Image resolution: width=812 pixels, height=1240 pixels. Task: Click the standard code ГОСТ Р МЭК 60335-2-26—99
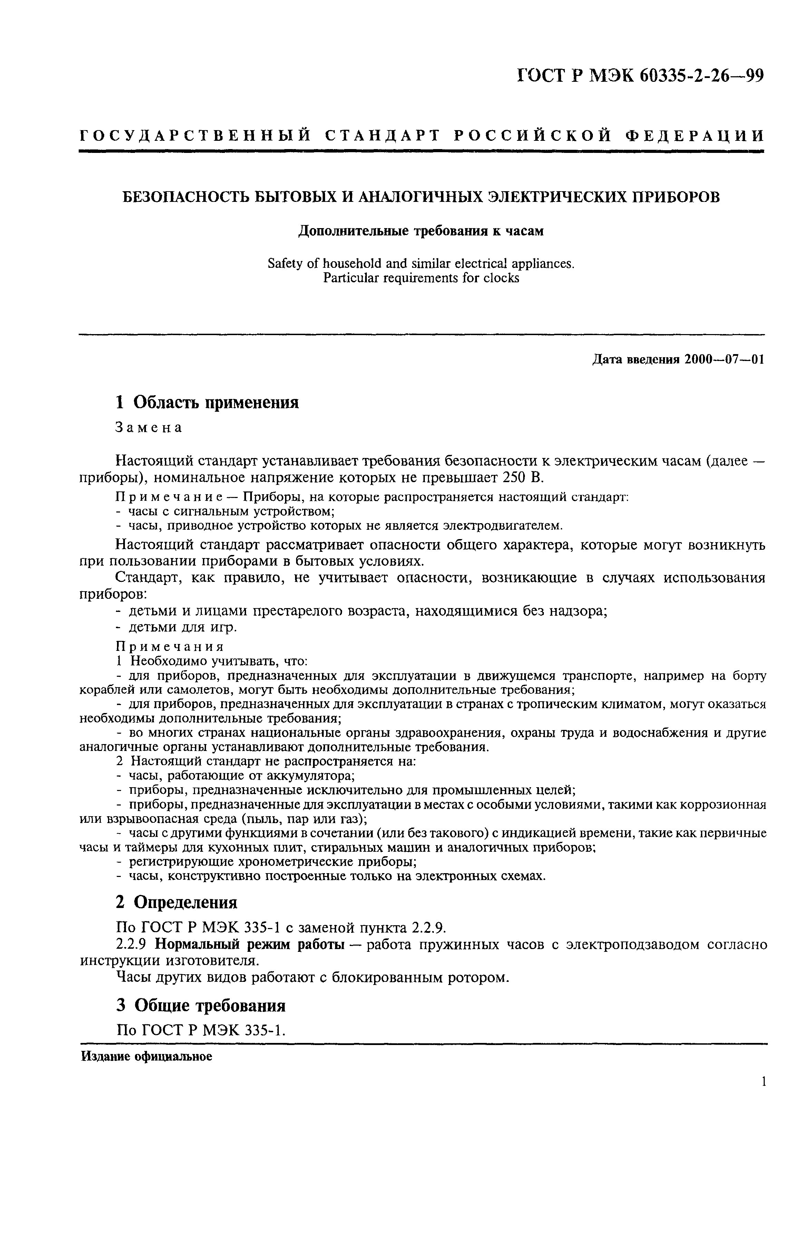(640, 76)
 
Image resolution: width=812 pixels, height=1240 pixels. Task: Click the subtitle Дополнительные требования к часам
(421, 231)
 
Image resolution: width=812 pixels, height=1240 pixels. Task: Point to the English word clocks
(501, 278)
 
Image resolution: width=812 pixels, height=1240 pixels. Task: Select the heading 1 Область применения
(207, 402)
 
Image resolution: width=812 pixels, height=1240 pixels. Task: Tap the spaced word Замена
(148, 427)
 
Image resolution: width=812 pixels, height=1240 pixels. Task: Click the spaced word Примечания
(169, 646)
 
